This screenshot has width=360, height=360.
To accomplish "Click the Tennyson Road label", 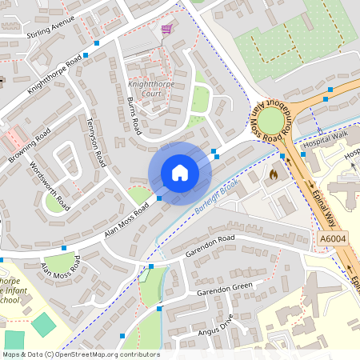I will [96, 141].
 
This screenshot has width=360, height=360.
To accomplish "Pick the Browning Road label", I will [30, 144].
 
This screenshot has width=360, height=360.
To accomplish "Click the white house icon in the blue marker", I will [180, 173].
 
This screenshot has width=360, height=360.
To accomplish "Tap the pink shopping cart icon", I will [166, 29].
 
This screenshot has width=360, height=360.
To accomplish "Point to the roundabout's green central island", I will [270, 121].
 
